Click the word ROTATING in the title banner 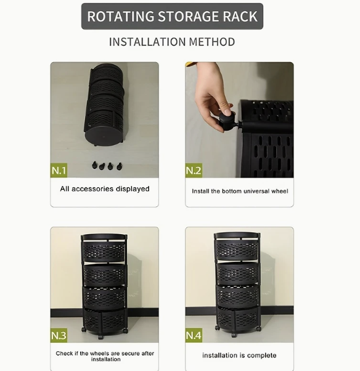pos(121,16)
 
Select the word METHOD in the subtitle pos(212,42)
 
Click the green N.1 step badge pos(59,170)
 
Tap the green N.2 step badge pos(194,170)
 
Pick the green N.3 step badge pos(59,335)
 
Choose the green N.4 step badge pos(194,335)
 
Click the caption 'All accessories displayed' pos(105,189)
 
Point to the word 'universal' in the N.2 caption pos(256,191)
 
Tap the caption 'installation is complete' pos(239,356)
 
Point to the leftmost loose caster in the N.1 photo pos(95,165)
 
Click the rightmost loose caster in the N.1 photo pos(120,166)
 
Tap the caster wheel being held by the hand pos(227,121)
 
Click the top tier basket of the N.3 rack pos(104,250)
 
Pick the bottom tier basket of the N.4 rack pos(237,319)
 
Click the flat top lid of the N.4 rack pos(237,235)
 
